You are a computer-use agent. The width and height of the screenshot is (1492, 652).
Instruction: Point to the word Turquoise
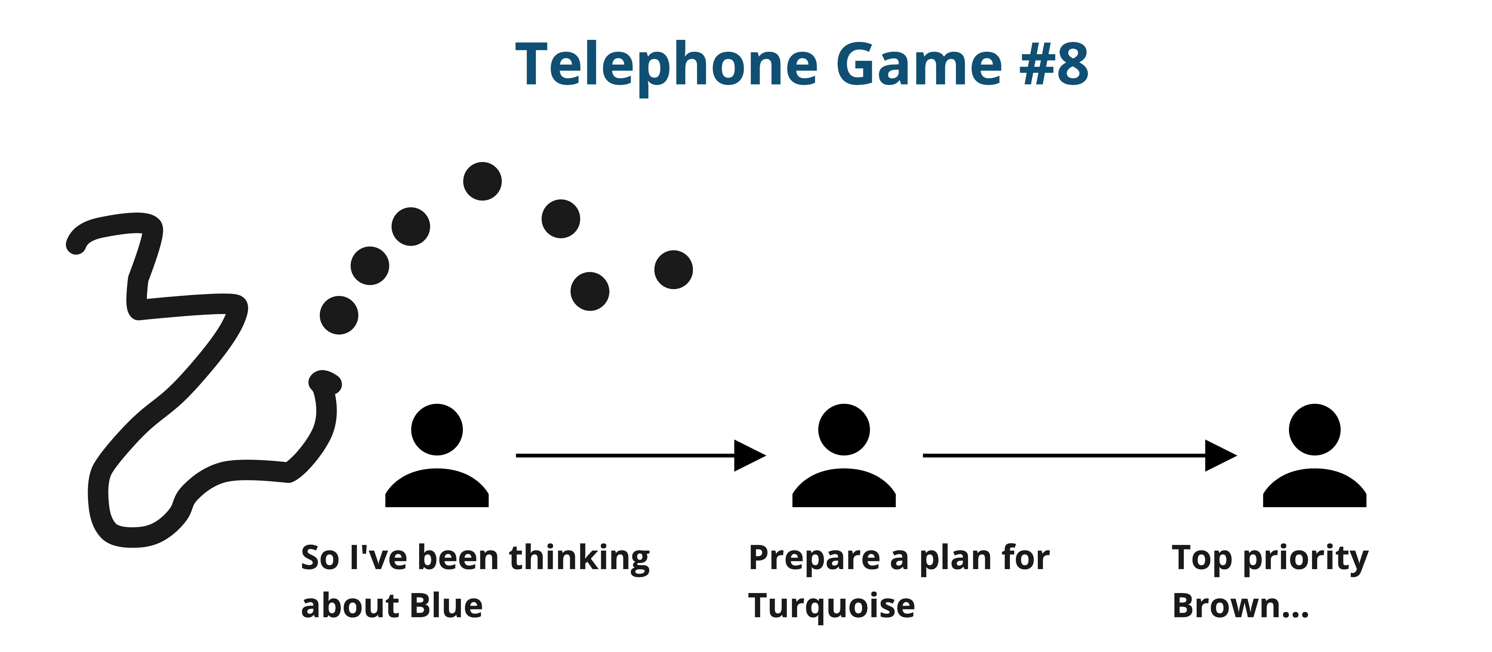(831, 606)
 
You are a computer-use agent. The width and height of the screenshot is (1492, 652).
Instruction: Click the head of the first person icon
(437, 429)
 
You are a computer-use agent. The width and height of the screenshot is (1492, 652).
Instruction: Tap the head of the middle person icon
(844, 429)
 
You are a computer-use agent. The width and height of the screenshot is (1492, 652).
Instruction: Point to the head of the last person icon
(1314, 429)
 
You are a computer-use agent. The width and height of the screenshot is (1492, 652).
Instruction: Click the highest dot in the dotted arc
(483, 181)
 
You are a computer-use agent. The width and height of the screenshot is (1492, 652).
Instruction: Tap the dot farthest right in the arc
(674, 269)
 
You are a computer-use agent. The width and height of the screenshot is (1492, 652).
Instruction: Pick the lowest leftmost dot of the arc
(339, 315)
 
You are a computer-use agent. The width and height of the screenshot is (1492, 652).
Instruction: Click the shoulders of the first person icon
(437, 490)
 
